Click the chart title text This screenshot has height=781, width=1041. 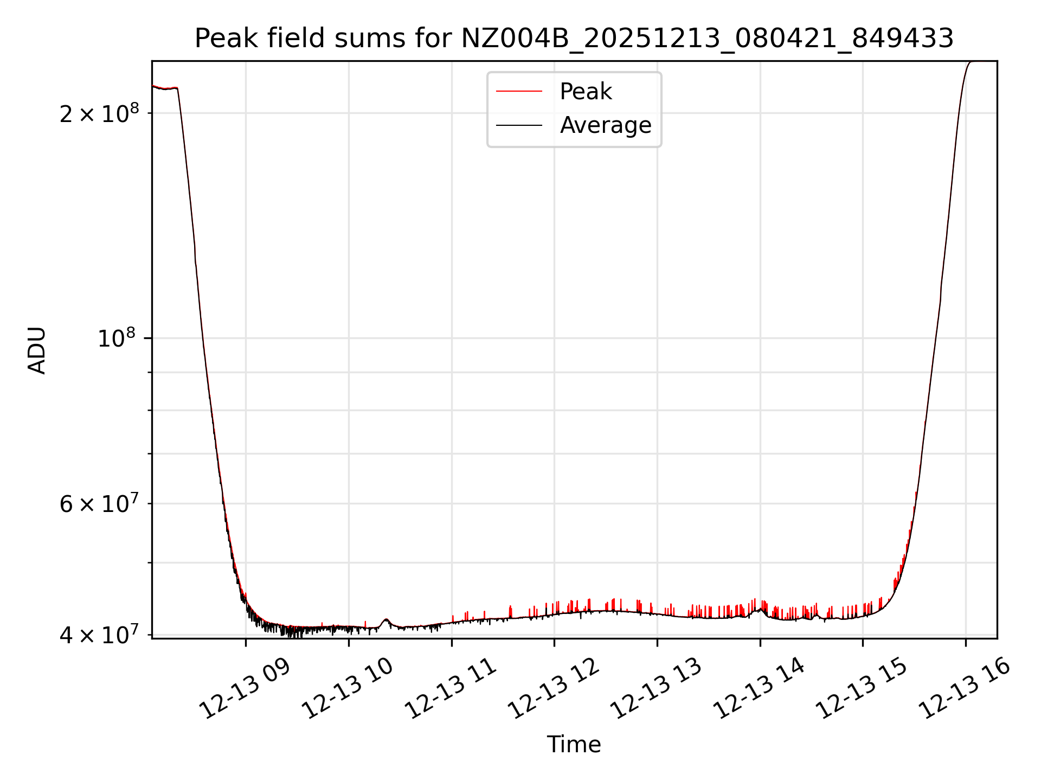tap(574, 39)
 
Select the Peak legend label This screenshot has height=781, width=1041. tap(586, 92)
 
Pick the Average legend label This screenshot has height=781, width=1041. tap(605, 125)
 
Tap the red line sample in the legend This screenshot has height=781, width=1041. tap(519, 92)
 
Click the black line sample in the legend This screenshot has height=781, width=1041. tap(519, 125)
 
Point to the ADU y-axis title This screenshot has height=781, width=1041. tap(37, 350)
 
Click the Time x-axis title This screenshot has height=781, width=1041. tap(574, 744)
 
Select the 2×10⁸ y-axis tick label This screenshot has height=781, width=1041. tap(99, 113)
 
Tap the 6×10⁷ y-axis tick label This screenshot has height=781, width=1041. tap(99, 504)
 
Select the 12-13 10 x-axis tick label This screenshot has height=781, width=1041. tap(348, 689)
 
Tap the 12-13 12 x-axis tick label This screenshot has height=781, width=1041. tap(554, 689)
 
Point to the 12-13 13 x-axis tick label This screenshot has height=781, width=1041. tap(657, 689)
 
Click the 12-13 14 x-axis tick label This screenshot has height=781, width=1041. tap(759, 689)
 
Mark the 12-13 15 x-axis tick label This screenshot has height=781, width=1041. tap(862, 689)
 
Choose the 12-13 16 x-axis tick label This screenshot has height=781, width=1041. tap(965, 689)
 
